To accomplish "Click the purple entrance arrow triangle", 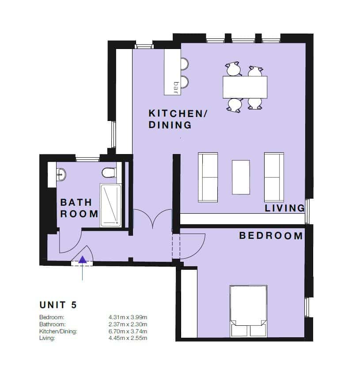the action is pyautogui.click(x=83, y=260).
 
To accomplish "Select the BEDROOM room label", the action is pyautogui.click(x=271, y=236).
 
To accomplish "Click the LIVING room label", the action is pyautogui.click(x=284, y=208).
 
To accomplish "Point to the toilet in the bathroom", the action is pyautogui.click(x=109, y=173).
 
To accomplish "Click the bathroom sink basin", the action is pyautogui.click(x=61, y=174).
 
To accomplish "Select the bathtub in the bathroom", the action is pyautogui.click(x=111, y=205).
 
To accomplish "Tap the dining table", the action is pyautogui.click(x=245, y=87).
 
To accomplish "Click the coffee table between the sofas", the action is pyautogui.click(x=241, y=177).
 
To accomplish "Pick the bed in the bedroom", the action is pyautogui.click(x=248, y=311).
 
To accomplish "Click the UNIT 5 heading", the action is pyautogui.click(x=58, y=305).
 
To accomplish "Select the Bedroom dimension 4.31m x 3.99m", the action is pyautogui.click(x=128, y=317).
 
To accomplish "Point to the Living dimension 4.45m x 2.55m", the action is pyautogui.click(x=128, y=338).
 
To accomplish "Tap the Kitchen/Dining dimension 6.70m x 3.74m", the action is pyautogui.click(x=128, y=331).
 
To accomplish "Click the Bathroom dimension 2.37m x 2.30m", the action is pyautogui.click(x=128, y=324).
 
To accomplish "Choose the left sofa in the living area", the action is pyautogui.click(x=208, y=177).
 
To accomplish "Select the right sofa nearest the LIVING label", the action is pyautogui.click(x=274, y=177).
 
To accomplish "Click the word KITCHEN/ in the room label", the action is pyautogui.click(x=178, y=113).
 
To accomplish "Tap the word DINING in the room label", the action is pyautogui.click(x=170, y=125).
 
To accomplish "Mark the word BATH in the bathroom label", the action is pyautogui.click(x=76, y=202).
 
